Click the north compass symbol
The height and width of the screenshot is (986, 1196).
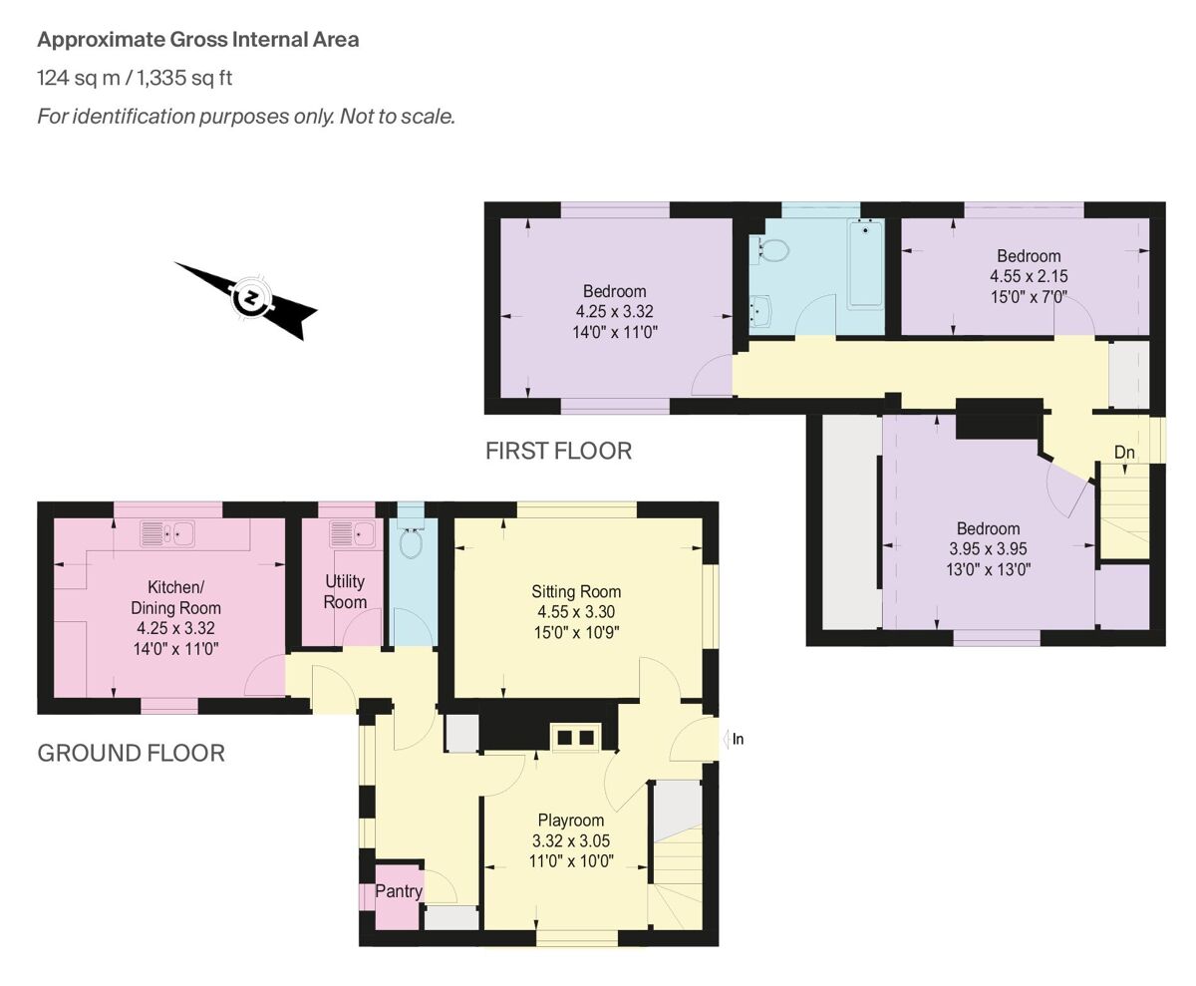[x=249, y=299]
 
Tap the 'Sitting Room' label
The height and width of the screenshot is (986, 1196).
[x=578, y=591]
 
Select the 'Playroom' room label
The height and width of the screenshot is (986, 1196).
[x=571, y=821]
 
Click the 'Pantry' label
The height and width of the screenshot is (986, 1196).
[x=399, y=891]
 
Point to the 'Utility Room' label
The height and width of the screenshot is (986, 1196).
[x=345, y=591]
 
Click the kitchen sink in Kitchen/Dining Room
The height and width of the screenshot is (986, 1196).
[x=167, y=534]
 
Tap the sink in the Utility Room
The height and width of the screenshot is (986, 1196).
[x=353, y=533]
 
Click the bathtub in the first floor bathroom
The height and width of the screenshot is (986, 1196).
[x=864, y=264]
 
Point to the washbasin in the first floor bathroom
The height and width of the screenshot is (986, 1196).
[x=762, y=312]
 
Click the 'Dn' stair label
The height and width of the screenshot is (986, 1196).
[x=1124, y=453]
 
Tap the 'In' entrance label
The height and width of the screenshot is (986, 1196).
[x=738, y=740]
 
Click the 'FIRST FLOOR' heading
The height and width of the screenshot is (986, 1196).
[x=558, y=451]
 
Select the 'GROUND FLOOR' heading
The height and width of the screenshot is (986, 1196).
[x=131, y=753]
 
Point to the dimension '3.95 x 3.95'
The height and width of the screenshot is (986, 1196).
[x=989, y=549]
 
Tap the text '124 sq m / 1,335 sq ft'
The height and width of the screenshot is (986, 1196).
[x=135, y=78]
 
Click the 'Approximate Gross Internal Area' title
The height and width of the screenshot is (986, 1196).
[x=198, y=40]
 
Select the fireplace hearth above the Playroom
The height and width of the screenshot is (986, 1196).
[x=575, y=738]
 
